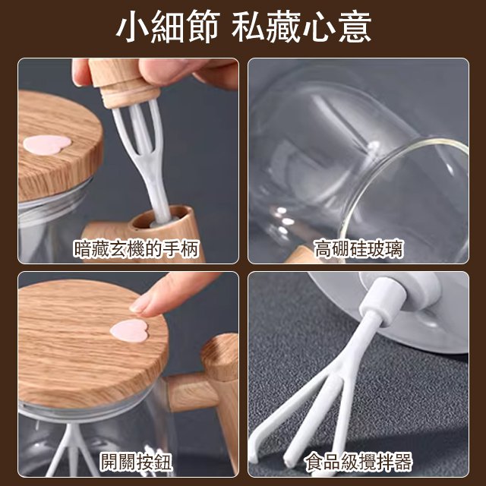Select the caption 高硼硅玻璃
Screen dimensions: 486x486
359,248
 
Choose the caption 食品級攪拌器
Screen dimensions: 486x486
359,461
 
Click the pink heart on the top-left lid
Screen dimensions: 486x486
45,144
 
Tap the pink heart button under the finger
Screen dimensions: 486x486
128,329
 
